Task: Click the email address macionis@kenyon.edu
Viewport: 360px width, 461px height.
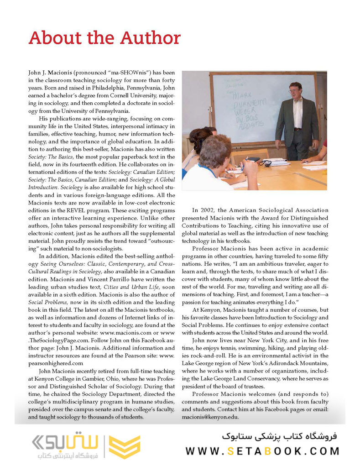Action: (x=219, y=417)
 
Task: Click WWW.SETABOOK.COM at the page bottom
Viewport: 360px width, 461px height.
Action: (x=262, y=451)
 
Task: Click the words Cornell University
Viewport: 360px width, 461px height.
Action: (x=123, y=96)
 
